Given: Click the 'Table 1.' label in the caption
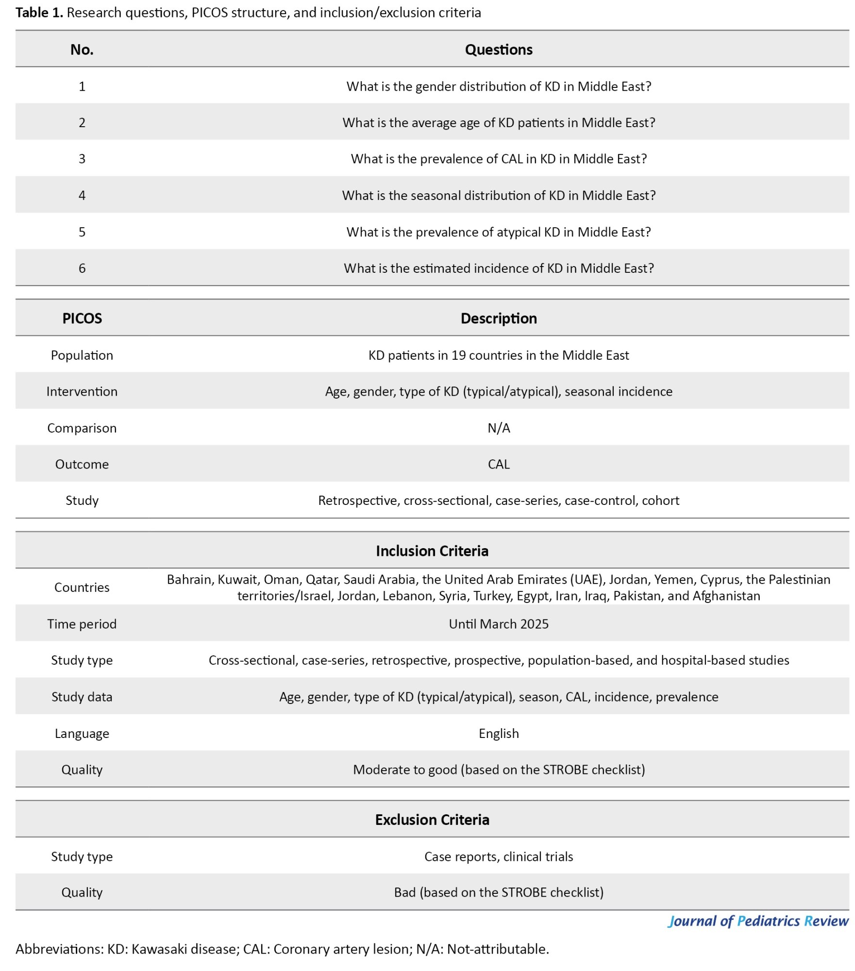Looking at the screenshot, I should [x=39, y=13].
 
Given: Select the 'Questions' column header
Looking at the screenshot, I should [x=499, y=50].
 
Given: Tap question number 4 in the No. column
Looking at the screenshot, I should [x=82, y=195].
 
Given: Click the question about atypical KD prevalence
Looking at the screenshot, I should [x=499, y=232].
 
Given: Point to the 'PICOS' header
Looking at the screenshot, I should [x=82, y=318].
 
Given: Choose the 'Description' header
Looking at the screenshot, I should [x=499, y=318].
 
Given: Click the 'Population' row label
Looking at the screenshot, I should [x=82, y=355].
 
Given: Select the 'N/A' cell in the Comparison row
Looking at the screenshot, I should [x=499, y=428].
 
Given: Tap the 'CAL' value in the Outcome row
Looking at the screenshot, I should [x=499, y=465].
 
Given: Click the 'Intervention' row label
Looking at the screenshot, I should [x=82, y=392].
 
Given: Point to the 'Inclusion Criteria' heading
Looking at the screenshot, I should [x=432, y=551].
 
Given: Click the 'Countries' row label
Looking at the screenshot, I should [x=82, y=587].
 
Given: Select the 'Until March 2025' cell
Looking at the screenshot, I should [x=499, y=624].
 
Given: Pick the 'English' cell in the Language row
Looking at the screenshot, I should [x=499, y=734].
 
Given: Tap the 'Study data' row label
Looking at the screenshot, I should [x=82, y=697].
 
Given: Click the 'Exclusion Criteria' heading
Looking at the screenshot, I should [x=432, y=820].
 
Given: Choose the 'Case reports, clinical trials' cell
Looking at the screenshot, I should [x=499, y=856].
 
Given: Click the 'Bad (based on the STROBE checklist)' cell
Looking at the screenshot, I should [x=499, y=892].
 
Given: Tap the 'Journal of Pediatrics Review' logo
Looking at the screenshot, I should [x=758, y=921].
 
